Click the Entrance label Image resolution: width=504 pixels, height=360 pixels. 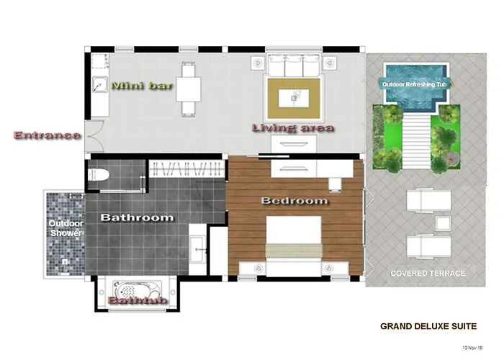click(x=46, y=135)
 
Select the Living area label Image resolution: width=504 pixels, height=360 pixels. click(x=292, y=128)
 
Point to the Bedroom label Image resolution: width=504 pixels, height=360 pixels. click(x=294, y=201)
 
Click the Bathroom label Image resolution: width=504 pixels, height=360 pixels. click(x=137, y=217)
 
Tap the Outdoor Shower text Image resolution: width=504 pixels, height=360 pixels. click(x=66, y=228)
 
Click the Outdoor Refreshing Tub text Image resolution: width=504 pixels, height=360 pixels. click(x=408, y=84)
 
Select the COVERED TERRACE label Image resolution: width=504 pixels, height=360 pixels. click(x=427, y=274)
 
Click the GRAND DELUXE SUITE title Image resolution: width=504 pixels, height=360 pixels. click(x=428, y=326)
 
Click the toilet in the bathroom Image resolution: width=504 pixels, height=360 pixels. click(x=98, y=174)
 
